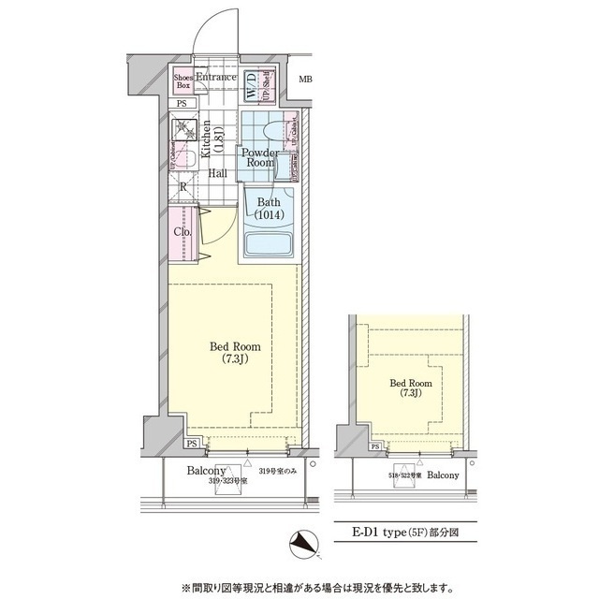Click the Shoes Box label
pos(183,80)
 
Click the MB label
pos(305,79)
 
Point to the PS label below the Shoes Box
pos(182,103)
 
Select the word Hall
pos(218,173)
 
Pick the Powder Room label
pos(258,157)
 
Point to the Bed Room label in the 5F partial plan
pos(410,387)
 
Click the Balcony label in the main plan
pos(205,471)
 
